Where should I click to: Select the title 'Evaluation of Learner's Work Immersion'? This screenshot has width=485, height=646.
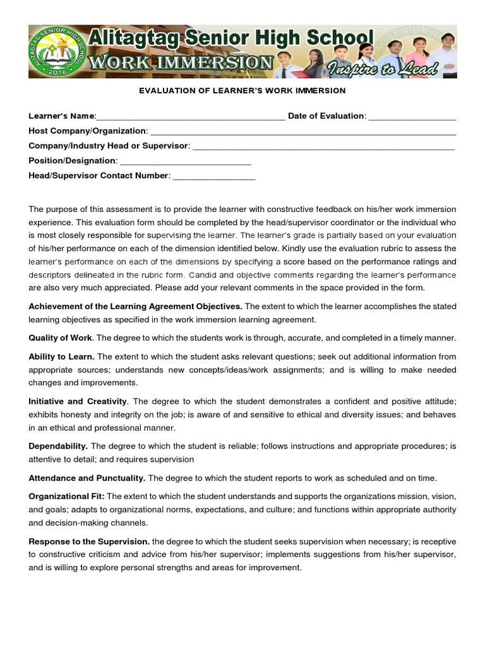pos(242,91)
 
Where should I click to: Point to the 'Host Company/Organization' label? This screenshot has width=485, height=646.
pos(87,131)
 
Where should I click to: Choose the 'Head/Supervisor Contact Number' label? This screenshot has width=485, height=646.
pos(99,176)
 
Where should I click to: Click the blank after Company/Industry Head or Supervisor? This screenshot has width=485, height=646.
pos(323,147)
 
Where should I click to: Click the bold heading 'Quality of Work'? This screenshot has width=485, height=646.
pos(60,338)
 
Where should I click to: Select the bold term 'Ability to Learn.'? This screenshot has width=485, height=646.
pos(61,356)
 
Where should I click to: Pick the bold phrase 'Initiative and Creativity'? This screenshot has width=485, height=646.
pos(78,401)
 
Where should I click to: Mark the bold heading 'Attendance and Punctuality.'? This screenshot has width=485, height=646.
pos(87,478)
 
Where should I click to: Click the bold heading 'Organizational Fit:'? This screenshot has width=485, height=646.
pos(66,496)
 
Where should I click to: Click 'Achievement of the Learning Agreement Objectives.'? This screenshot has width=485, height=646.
pos(135,306)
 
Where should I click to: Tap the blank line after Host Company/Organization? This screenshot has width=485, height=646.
pos(303,132)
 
